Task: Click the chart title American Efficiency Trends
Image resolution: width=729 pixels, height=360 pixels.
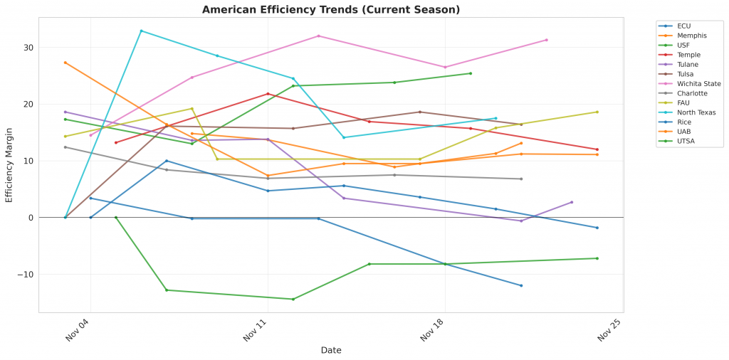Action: coord(331,10)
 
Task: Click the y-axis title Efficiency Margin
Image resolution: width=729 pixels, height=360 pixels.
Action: coord(9,164)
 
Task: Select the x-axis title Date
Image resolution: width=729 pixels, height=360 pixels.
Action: coord(331,350)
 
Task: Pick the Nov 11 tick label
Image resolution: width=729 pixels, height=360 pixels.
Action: coord(254,331)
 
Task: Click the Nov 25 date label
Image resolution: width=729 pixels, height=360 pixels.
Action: coord(609,331)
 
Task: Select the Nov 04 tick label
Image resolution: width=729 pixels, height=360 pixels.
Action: coord(77,331)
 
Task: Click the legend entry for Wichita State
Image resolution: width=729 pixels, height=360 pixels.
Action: coord(697,84)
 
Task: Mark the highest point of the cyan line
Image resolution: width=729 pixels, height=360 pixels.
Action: coord(141,31)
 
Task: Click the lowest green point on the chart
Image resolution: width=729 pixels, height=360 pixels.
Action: coord(293,299)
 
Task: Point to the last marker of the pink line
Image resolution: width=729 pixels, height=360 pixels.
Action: coord(546,40)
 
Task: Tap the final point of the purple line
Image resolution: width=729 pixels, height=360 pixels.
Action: coord(572,202)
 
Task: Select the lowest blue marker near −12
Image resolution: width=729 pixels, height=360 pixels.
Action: coord(521,285)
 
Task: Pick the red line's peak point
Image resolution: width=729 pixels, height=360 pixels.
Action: coord(268,94)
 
